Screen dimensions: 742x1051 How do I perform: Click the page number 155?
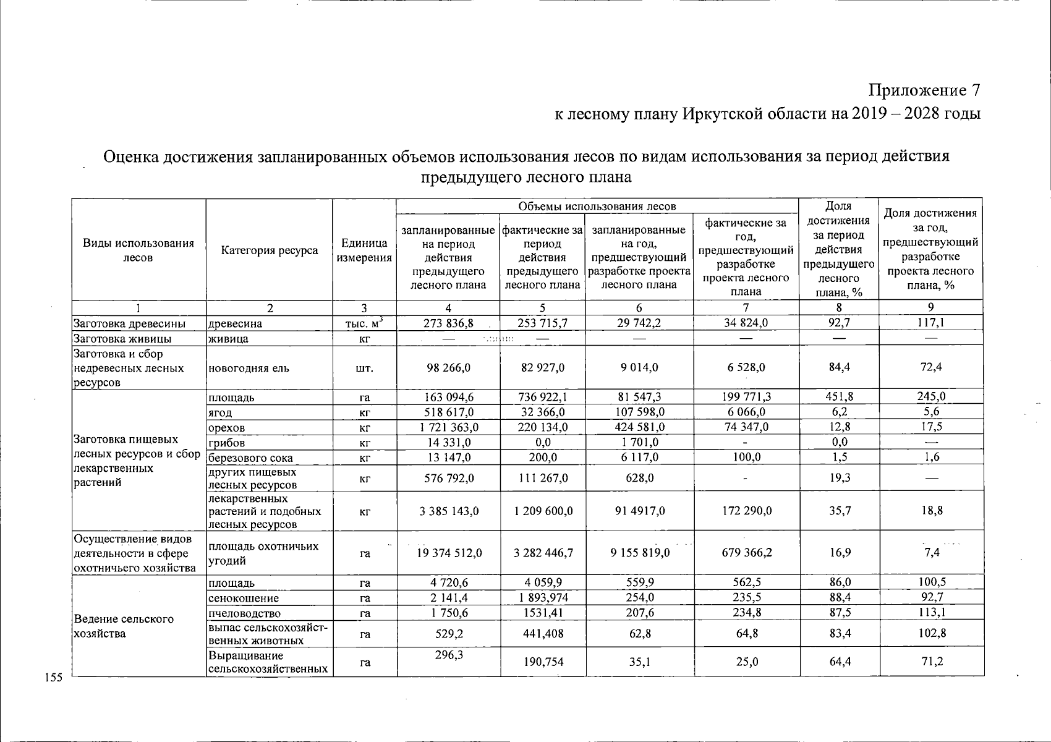coord(54,678)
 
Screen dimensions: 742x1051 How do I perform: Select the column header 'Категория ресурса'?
coord(270,250)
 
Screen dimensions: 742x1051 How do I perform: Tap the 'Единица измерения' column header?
coord(364,250)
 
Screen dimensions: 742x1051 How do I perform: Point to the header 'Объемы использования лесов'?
coord(597,206)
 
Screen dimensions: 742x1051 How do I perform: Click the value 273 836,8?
coord(448,323)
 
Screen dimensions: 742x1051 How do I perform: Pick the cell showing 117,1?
coord(930,322)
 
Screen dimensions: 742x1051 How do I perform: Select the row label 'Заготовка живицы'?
coord(122,339)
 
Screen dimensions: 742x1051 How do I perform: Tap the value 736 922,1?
coord(542,397)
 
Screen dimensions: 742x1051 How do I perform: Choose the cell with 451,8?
coord(839,397)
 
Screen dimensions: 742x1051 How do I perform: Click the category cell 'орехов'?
coord(227,428)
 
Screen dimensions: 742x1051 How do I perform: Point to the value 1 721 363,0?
coord(448,427)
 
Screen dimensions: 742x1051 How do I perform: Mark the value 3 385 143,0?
coord(448,511)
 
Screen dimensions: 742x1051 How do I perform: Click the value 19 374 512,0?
coord(448,553)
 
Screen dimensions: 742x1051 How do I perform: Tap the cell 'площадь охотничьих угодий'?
coord(264,553)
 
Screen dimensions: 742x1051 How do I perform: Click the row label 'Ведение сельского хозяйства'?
coord(124,626)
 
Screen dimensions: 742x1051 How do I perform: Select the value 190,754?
coord(542,662)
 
